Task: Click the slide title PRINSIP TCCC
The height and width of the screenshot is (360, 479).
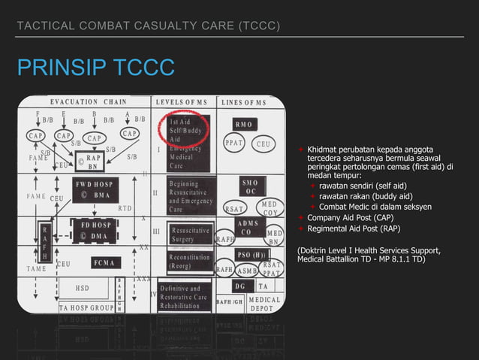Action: pyautogui.click(x=95, y=68)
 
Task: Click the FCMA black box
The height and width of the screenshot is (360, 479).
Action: pyautogui.click(x=103, y=263)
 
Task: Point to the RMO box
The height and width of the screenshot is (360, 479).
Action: pyautogui.click(x=244, y=123)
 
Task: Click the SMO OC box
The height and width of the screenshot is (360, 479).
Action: pyautogui.click(x=250, y=186)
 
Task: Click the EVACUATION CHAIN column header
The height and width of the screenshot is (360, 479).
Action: pyautogui.click(x=83, y=101)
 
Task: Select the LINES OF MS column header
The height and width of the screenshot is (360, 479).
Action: pyautogui.click(x=244, y=101)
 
